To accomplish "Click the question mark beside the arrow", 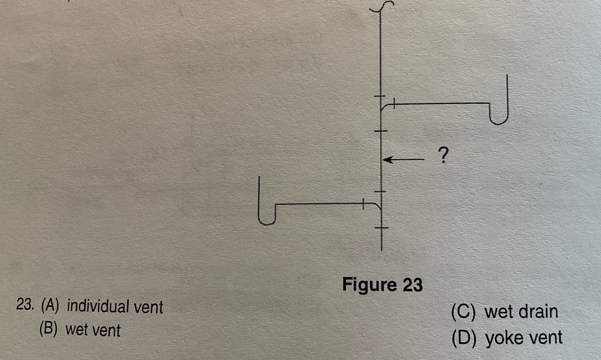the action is click(443, 155).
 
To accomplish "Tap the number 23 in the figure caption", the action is click(412, 285).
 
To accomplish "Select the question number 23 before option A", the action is click(26, 307).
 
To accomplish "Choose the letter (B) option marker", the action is click(49, 330).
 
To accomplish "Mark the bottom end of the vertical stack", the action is click(381, 249).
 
